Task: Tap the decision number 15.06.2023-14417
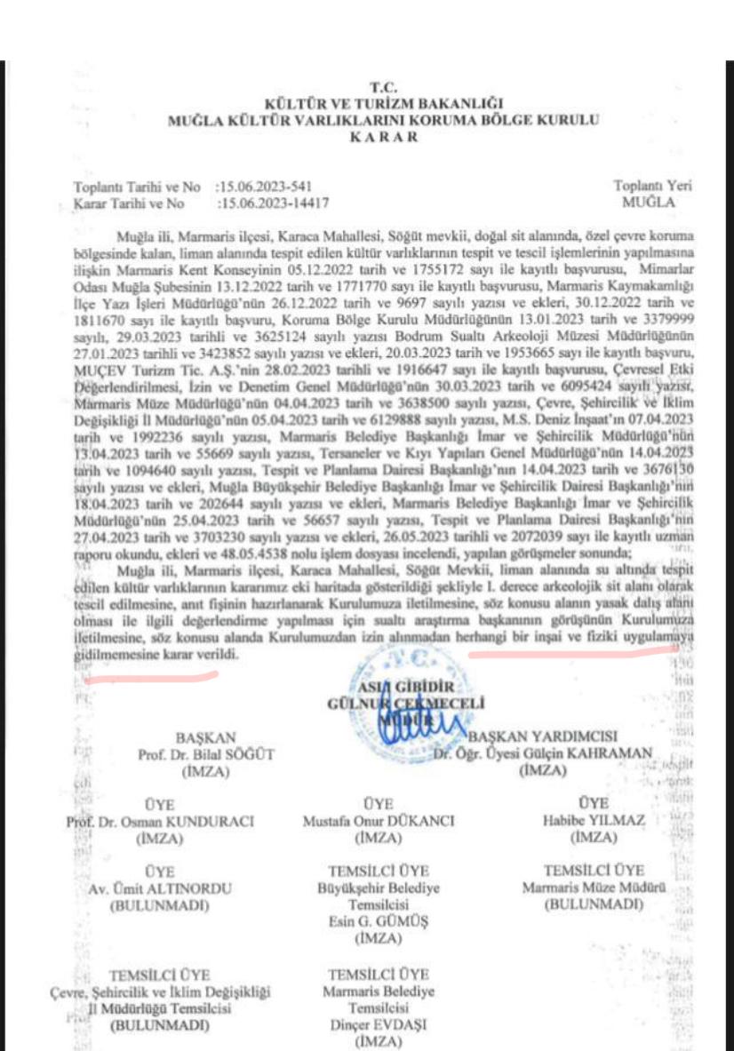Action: pos(273,203)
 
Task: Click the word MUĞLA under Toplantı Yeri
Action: pos(653,203)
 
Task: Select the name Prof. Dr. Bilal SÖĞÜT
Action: pos(206,754)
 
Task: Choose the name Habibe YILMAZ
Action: pos(593,820)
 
